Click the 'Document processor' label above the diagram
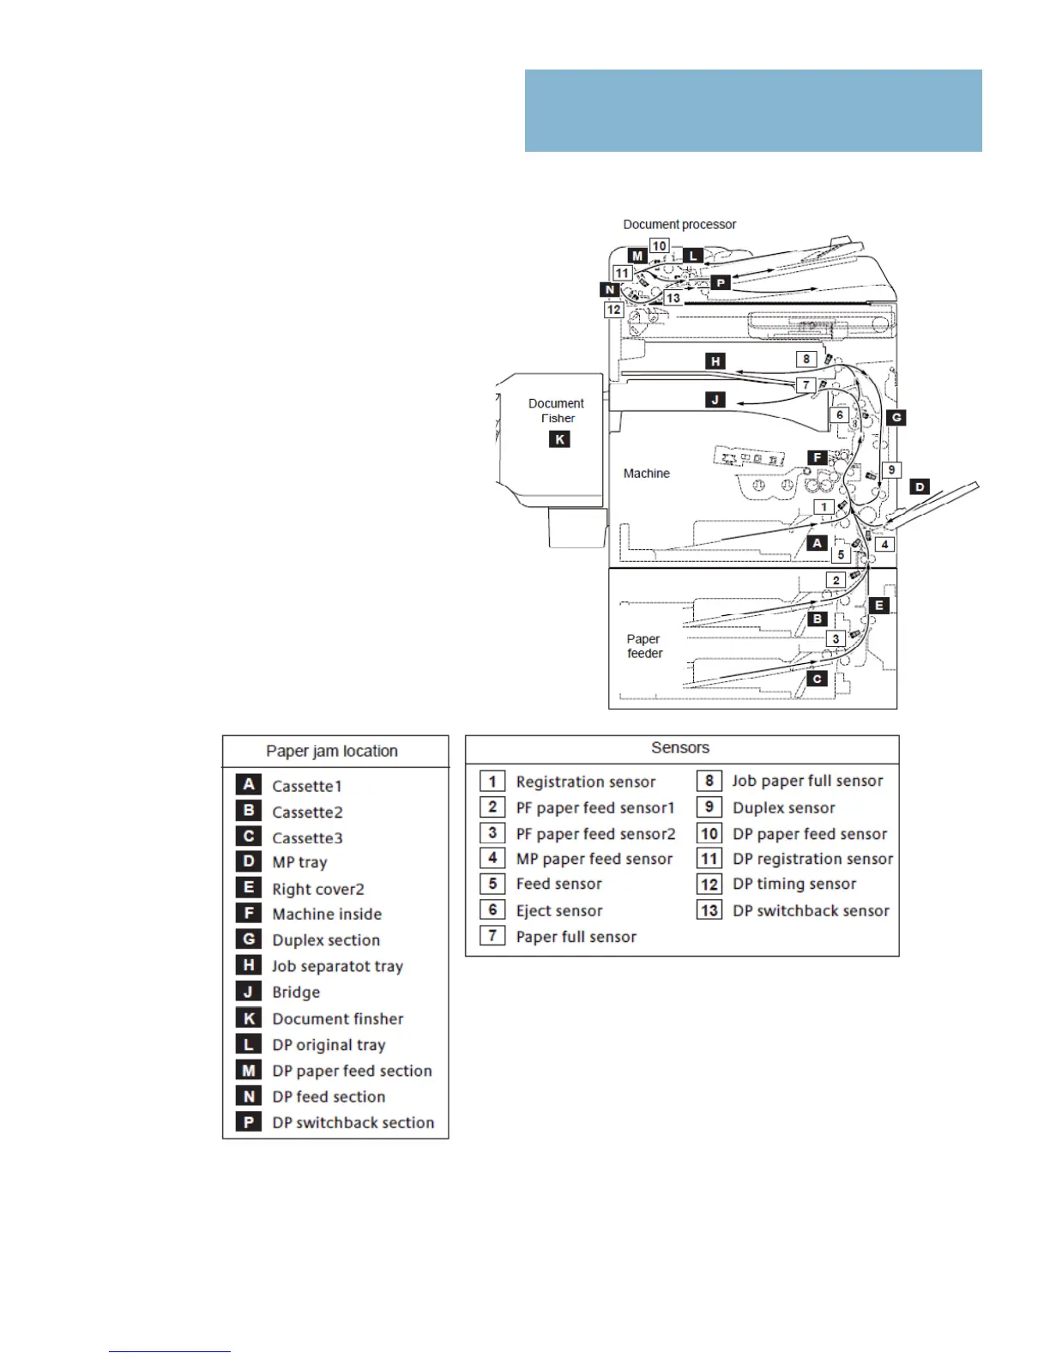[679, 225]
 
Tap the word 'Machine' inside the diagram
[646, 474]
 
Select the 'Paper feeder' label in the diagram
[644, 646]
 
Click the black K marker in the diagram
[559, 439]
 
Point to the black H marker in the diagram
[715, 361]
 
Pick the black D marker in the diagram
[920, 486]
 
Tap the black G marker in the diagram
[896, 418]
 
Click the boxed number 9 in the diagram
[891, 470]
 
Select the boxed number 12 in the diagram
[613, 310]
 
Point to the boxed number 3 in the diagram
[836, 639]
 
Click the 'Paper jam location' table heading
[332, 752]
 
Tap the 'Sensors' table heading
[680, 748]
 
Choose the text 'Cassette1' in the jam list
[307, 786]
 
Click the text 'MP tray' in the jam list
[299, 862]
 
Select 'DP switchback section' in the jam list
[353, 1122]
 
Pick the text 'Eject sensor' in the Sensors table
[559, 910]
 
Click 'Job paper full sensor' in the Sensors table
[807, 781]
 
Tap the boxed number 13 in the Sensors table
[709, 910]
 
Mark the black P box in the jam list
[249, 1122]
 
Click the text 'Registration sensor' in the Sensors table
[586, 782]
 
